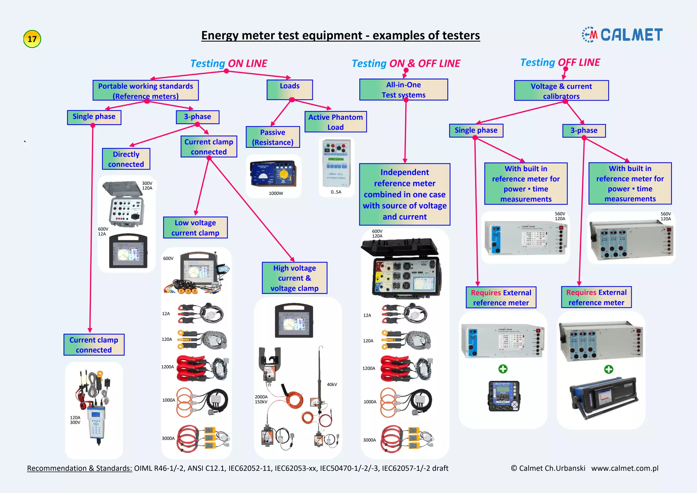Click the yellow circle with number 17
click(32, 39)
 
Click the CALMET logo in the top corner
click(622, 35)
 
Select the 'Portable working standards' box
click(145, 91)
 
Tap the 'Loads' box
click(290, 90)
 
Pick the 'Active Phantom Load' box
click(335, 122)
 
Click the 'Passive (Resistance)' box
click(273, 137)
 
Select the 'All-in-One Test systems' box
click(403, 90)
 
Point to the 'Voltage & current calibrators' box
click(561, 91)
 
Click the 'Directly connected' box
click(126, 159)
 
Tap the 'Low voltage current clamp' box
click(195, 228)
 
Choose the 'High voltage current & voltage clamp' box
click(294, 278)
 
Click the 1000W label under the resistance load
click(276, 193)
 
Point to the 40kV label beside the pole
click(332, 384)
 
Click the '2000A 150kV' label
click(261, 399)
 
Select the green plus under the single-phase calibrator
click(503, 369)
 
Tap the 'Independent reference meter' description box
click(404, 194)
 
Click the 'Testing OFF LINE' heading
click(560, 63)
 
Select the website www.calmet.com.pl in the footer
click(625, 468)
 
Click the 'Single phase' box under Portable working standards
click(94, 117)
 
